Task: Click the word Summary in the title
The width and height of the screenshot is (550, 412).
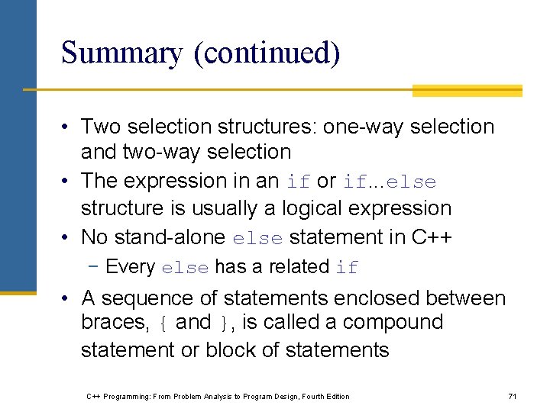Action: (x=121, y=53)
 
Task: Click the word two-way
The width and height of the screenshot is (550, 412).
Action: (x=166, y=153)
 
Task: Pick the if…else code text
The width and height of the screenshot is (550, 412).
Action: (x=390, y=182)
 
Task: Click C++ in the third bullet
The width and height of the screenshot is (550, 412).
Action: (x=432, y=237)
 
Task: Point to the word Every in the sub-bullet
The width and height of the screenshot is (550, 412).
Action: (x=130, y=267)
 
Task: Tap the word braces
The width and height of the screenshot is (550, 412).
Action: (x=115, y=323)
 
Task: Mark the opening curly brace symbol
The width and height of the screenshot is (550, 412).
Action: (x=162, y=323)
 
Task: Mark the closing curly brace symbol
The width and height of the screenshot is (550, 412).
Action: (x=223, y=323)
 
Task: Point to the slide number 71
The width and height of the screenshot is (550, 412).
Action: (x=513, y=396)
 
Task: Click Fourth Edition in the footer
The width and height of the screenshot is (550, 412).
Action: (x=324, y=396)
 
